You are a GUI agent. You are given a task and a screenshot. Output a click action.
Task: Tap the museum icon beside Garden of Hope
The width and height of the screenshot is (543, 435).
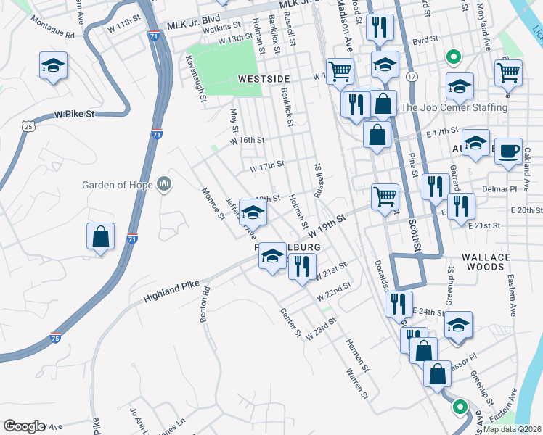(164, 185)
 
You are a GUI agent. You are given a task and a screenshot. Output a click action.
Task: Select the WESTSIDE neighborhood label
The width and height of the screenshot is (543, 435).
(262, 78)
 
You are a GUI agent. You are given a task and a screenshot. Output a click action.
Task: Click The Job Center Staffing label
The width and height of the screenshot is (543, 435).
(454, 107)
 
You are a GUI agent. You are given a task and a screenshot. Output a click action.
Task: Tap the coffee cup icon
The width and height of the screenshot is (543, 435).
(508, 151)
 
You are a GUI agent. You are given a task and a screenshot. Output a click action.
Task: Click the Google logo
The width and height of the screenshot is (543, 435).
(24, 426)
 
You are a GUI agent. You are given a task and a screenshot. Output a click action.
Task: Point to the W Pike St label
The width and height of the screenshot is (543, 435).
(75, 115)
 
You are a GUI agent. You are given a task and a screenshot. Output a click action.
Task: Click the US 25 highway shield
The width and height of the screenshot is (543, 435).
(28, 126)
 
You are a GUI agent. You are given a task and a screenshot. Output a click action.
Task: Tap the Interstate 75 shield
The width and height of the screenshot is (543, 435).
(56, 338)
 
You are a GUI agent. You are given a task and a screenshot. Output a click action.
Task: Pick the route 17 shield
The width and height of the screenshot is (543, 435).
(412, 76)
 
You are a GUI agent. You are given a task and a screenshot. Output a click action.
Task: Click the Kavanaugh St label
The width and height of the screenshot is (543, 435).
(195, 78)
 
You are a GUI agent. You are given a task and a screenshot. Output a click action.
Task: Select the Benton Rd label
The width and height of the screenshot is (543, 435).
(205, 304)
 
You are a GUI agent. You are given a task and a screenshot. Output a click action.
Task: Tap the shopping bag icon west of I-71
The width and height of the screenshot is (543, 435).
(100, 237)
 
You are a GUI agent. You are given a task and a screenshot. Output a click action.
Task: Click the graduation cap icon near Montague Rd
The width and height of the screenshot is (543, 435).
(54, 67)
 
